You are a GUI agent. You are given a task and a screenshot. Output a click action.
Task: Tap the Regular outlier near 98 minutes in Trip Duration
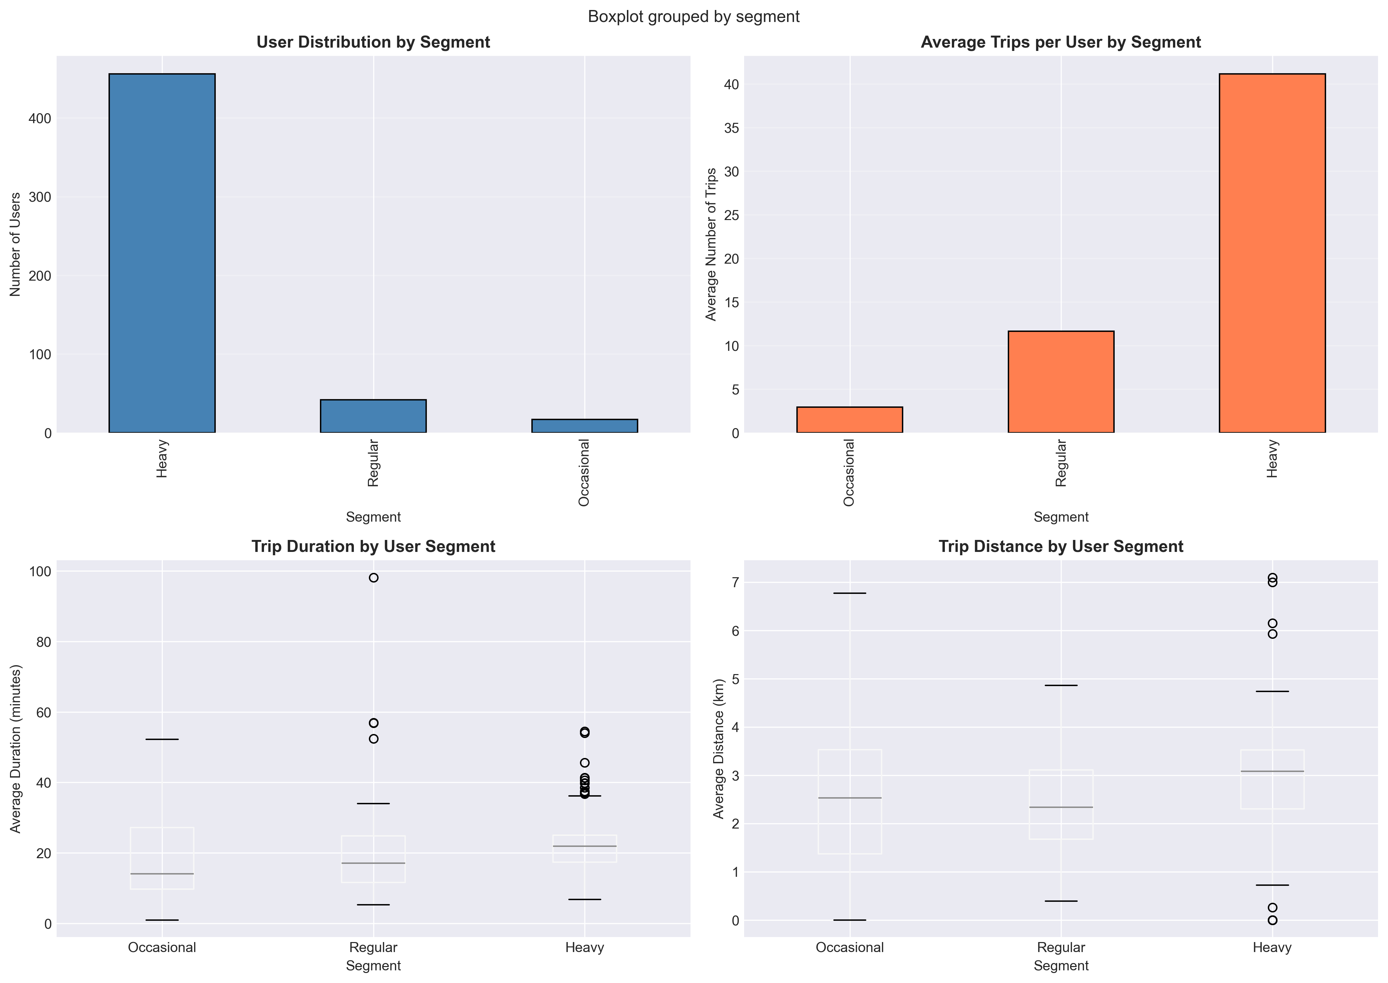click(x=374, y=578)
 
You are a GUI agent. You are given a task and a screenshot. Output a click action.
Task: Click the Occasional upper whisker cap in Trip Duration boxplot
click(x=161, y=739)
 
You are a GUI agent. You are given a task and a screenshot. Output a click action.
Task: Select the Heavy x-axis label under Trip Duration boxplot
click(x=584, y=947)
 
